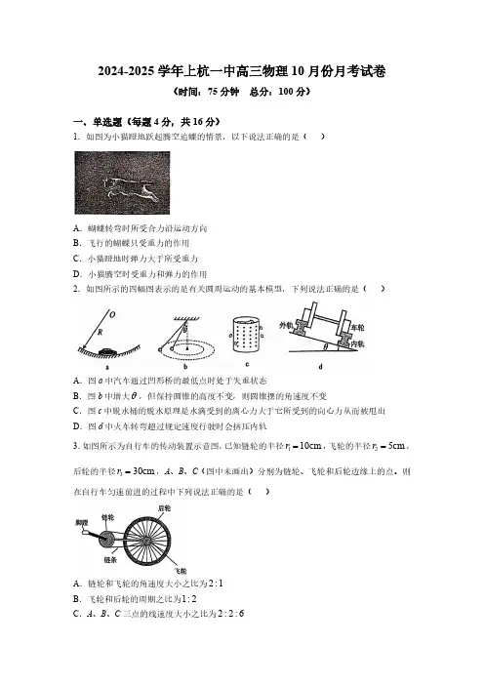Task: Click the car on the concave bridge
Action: click(107, 350)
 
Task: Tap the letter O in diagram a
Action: click(112, 315)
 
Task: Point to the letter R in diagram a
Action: click(101, 332)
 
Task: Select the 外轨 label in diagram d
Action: click(286, 325)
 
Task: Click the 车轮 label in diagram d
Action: click(357, 328)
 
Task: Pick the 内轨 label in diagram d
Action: click(357, 344)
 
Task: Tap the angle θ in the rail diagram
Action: click(325, 346)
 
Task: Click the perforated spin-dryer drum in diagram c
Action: click(246, 336)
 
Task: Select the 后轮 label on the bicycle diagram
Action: click(164, 508)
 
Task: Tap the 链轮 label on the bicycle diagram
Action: click(107, 517)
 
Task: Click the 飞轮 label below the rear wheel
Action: click(181, 571)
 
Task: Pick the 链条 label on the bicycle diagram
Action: click(110, 560)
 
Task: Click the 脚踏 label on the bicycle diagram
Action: click(81, 522)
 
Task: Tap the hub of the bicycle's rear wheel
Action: click(146, 542)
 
